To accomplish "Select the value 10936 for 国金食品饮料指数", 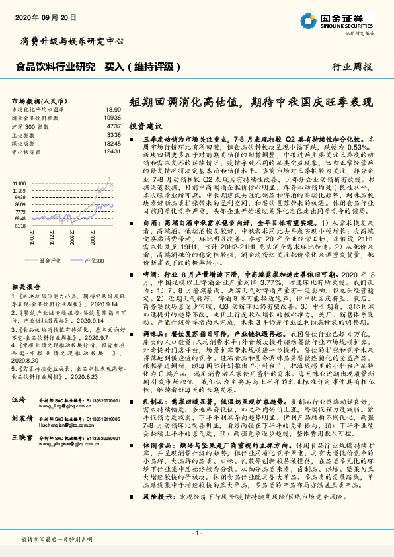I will pyautogui.click(x=112, y=117).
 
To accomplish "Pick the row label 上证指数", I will pyautogui.click(x=24, y=134).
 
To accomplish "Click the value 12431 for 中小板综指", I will pyautogui.click(x=112, y=151).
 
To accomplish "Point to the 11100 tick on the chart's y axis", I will pyautogui.click(x=20, y=183).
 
